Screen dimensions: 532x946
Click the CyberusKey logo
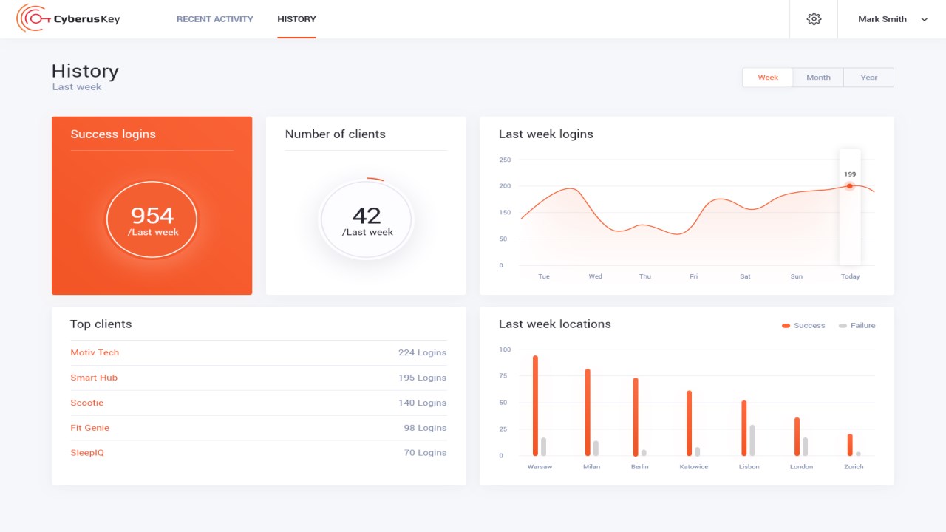click(68, 19)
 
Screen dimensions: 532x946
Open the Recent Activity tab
click(214, 19)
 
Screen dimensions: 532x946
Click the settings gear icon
click(814, 19)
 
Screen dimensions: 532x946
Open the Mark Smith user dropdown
click(892, 19)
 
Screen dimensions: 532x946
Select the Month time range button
click(818, 78)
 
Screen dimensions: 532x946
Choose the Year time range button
click(869, 78)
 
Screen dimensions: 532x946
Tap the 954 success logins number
click(152, 215)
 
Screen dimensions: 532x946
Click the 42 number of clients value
click(367, 215)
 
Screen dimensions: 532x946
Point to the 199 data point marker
click(850, 186)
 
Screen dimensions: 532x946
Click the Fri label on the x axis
click(693, 276)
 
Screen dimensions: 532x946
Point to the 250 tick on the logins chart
click(505, 160)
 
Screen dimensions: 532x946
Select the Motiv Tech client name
click(95, 352)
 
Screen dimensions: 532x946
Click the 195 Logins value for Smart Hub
click(422, 378)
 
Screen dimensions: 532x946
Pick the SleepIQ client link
click(87, 453)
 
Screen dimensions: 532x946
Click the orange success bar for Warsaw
click(535, 406)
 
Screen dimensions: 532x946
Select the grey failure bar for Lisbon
click(752, 440)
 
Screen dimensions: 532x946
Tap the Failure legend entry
click(857, 325)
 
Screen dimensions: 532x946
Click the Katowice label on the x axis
click(693, 467)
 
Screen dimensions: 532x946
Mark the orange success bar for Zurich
click(850, 445)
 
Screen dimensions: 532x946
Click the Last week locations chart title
click(554, 324)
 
